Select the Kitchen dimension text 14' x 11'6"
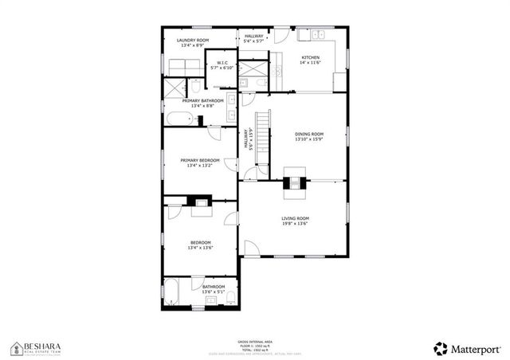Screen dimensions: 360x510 [309, 63]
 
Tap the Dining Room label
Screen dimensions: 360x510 [309, 134]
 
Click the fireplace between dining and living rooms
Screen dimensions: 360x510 [295, 182]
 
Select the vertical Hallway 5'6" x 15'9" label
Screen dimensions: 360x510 [249, 140]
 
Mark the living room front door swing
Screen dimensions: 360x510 [250, 248]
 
